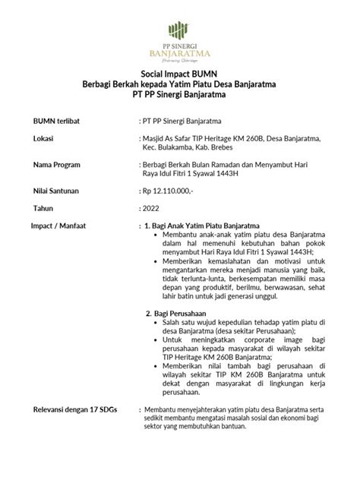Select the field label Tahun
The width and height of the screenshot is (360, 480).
click(43, 207)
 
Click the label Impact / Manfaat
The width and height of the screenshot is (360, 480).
click(61, 226)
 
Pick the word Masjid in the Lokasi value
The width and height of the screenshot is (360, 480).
click(157, 138)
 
